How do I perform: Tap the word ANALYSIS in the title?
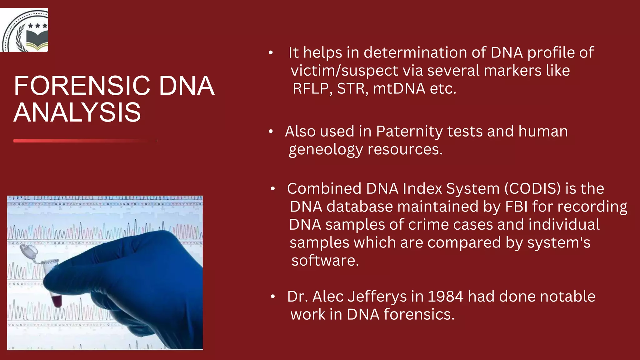[x=77, y=112]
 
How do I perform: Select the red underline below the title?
[x=84, y=141]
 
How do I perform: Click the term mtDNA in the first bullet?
[x=399, y=89]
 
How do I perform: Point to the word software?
[x=325, y=261]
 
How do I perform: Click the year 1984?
[x=445, y=297]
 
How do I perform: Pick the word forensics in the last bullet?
[x=419, y=314]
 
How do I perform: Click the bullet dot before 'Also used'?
[x=271, y=132]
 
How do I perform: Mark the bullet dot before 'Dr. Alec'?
[x=273, y=297]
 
